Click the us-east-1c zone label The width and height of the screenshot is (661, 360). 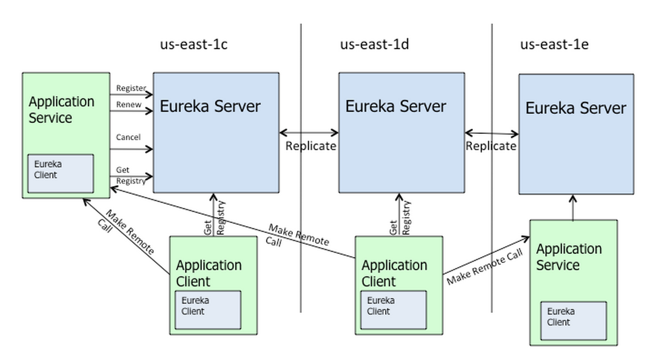tap(193, 44)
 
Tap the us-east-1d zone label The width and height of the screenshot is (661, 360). tap(374, 44)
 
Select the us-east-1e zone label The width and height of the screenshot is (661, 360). tap(554, 44)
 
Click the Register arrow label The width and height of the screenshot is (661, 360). tap(131, 88)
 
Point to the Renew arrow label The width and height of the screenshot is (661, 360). tap(129, 104)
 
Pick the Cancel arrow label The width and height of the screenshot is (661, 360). tap(128, 137)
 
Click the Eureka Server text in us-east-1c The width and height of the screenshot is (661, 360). tap(210, 106)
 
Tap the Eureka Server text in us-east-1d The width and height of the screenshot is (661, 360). tap(395, 106)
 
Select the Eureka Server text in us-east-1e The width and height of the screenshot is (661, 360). tap(576, 108)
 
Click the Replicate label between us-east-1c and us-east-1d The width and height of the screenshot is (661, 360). tap(310, 146)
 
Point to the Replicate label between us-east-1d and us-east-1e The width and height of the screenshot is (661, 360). tap(491, 146)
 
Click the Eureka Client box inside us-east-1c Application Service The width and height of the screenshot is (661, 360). tap(61, 174)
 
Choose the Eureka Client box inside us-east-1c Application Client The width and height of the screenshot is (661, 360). tap(208, 310)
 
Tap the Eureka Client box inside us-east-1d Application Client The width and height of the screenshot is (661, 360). tap(394, 310)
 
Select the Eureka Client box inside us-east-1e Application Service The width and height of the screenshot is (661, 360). tap(574, 321)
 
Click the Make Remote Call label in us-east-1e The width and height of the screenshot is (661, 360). tap(485, 267)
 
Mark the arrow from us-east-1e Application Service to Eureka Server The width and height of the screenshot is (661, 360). tap(573, 207)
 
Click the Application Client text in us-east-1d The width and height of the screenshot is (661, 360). tap(395, 273)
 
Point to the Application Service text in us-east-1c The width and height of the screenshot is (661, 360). tap(61, 110)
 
